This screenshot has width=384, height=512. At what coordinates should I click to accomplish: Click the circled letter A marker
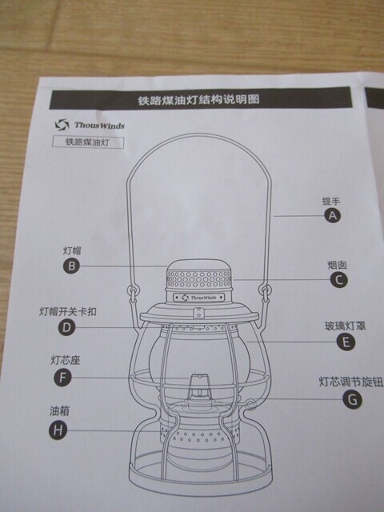[x=333, y=215]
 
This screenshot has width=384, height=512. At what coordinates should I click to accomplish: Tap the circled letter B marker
[x=71, y=266]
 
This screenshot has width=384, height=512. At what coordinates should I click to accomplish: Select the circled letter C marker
[x=338, y=280]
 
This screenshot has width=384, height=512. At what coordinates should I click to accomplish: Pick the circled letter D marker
[x=66, y=327]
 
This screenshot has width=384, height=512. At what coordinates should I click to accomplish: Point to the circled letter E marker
[x=346, y=342]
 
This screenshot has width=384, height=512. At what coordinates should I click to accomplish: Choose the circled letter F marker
[x=62, y=378]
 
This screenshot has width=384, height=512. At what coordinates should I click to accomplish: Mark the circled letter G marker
[x=353, y=399]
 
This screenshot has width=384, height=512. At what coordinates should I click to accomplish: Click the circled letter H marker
[x=58, y=430]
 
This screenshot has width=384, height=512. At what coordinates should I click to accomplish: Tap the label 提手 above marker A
[x=331, y=201]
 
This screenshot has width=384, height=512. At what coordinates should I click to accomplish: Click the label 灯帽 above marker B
[x=72, y=250]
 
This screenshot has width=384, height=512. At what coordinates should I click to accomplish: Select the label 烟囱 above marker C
[x=337, y=265]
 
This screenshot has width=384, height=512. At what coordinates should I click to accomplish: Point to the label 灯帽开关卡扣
[x=68, y=311]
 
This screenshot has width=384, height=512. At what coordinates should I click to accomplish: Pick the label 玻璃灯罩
[x=345, y=326]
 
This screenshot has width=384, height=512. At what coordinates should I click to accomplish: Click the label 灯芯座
[x=66, y=360]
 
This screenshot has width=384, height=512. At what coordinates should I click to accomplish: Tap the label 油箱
[x=60, y=410]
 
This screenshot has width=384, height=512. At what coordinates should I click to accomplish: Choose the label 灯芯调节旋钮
[x=351, y=382]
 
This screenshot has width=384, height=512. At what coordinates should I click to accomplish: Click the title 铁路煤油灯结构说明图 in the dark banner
[x=198, y=99]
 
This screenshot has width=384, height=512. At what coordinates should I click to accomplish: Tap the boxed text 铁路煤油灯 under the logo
[x=87, y=142]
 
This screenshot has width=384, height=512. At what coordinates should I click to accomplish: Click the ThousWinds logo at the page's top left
[x=90, y=125]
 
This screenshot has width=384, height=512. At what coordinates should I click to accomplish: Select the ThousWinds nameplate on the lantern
[x=199, y=298]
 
